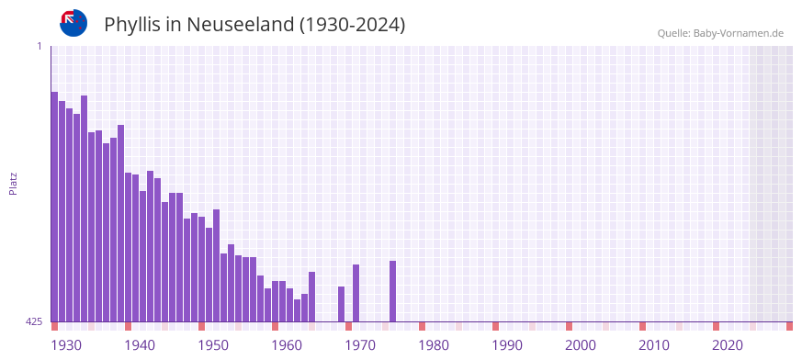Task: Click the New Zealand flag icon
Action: coord(73,23)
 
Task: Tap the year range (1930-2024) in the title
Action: coord(353,25)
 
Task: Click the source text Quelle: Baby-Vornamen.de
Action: coord(719,33)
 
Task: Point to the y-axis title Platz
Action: coord(13,184)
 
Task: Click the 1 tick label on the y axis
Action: coord(40,46)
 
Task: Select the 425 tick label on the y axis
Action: coord(34,321)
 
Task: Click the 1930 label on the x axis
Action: coord(66,345)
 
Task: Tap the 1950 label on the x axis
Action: coord(213,345)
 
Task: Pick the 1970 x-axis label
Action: coord(360,345)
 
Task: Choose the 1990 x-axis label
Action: coord(507,345)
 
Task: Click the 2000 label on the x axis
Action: coord(581,345)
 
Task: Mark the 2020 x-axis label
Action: coord(728,345)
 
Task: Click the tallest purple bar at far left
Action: coord(54,207)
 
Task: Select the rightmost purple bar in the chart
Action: coord(392,291)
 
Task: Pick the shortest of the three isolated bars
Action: coord(341,304)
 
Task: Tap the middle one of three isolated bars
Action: coord(356,293)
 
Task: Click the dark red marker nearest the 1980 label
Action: coord(422,326)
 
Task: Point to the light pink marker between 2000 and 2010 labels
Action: coord(605,326)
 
